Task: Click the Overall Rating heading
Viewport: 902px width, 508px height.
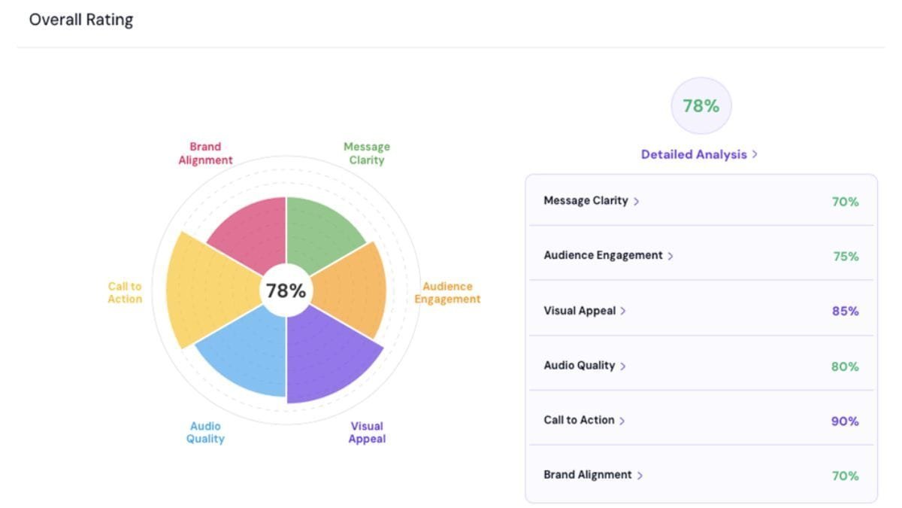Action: coord(81,20)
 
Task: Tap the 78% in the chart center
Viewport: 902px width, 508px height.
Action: coord(286,291)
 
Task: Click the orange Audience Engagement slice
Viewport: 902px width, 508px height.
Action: coord(353,291)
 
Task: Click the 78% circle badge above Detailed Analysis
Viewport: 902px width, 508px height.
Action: coord(701,107)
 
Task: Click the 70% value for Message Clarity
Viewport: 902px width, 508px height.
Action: coord(845,202)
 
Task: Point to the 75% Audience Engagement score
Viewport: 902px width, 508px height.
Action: coord(845,257)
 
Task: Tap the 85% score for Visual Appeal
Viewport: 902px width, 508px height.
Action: coord(845,311)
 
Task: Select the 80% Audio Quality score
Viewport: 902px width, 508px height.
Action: coord(845,367)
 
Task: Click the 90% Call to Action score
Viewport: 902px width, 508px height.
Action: coord(845,421)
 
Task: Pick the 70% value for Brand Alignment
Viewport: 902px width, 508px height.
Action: coord(845,476)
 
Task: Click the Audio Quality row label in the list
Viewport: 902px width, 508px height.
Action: coord(580,366)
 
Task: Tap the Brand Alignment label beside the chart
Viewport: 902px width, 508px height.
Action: coord(205,154)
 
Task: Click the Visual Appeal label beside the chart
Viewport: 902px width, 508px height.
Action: coord(367,433)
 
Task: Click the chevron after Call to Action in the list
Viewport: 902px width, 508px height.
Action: coord(622,421)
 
